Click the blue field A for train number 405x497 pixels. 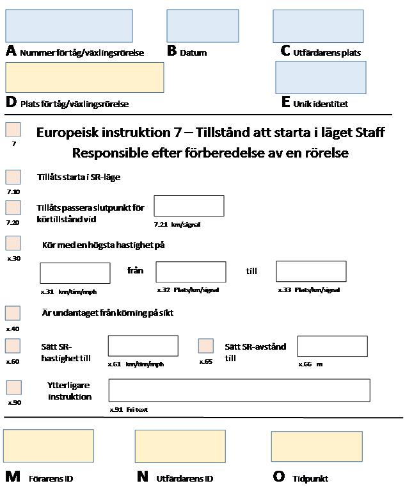click(x=69, y=26)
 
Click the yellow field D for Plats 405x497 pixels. click(x=84, y=77)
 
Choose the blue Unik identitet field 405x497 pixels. click(x=321, y=77)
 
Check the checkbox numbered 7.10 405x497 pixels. click(x=13, y=177)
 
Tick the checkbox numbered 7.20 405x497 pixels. click(x=13, y=208)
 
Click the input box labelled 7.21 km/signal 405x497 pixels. click(x=189, y=206)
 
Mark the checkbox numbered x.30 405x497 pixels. click(x=13, y=243)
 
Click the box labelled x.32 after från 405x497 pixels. click(x=191, y=272)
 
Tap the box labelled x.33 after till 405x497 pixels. click(x=311, y=271)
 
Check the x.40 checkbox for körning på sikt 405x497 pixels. click(x=13, y=313)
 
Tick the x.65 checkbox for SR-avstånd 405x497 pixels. click(x=206, y=346)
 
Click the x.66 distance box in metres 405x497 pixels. click(x=332, y=346)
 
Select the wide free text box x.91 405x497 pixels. click(x=239, y=390)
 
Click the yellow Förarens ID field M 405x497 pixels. click(x=49, y=446)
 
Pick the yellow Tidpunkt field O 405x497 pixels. click(x=317, y=446)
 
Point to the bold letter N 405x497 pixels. click(x=143, y=477)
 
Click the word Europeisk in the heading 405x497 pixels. click(x=68, y=133)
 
